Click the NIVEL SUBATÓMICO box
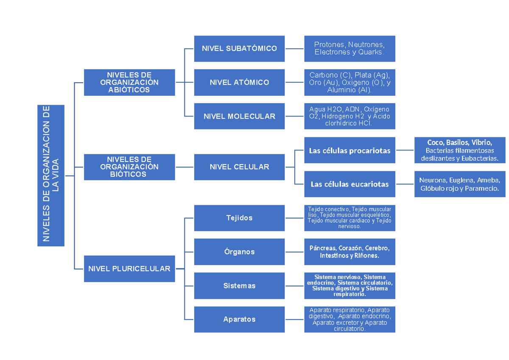point(239,48)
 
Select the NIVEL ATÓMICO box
point(239,82)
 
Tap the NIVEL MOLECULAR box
point(239,116)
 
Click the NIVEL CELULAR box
point(239,167)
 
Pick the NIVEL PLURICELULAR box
point(129,268)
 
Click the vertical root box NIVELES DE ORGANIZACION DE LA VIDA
point(51,175)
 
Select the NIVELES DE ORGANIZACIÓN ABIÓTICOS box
point(129,82)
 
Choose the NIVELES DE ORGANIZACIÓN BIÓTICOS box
point(129,167)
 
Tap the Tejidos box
point(239,218)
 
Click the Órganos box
point(239,251)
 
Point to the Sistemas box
point(239,286)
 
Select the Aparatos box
point(239,319)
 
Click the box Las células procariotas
point(350,150)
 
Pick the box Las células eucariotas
point(350,184)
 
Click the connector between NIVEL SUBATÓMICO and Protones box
point(294,49)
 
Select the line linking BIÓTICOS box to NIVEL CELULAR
point(185,167)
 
